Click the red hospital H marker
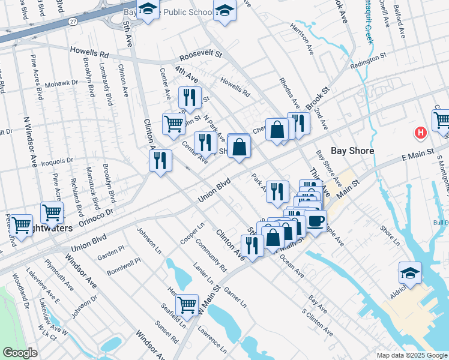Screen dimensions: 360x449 (x=421, y=133)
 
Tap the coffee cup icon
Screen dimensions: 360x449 (x=315, y=220)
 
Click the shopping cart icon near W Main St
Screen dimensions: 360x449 (x=187, y=305)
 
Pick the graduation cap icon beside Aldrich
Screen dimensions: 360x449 (x=410, y=273)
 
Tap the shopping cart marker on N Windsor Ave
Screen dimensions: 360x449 (x=52, y=212)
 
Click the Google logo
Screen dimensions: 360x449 (x=21, y=352)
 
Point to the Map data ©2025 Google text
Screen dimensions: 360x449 (x=411, y=355)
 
